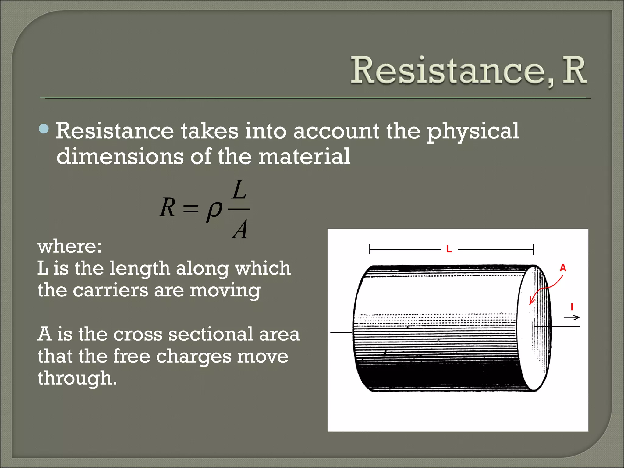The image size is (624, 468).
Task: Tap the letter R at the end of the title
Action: click(x=574, y=71)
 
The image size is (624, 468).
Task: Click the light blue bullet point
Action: click(x=44, y=129)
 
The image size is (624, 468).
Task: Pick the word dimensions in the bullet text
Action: click(x=120, y=156)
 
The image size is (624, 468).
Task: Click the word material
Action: click(x=304, y=156)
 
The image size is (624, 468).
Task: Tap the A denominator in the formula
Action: click(x=240, y=229)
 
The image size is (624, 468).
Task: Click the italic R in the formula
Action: click(x=168, y=207)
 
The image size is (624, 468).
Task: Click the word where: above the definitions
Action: click(x=69, y=246)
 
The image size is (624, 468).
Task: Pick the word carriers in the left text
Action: click(x=110, y=290)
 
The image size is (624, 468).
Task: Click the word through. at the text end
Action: click(x=77, y=378)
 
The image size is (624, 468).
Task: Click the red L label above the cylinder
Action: click(x=449, y=249)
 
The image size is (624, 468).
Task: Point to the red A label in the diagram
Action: click(x=563, y=268)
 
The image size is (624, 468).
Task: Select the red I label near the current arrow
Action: click(x=572, y=307)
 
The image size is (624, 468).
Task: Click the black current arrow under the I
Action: click(x=572, y=317)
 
